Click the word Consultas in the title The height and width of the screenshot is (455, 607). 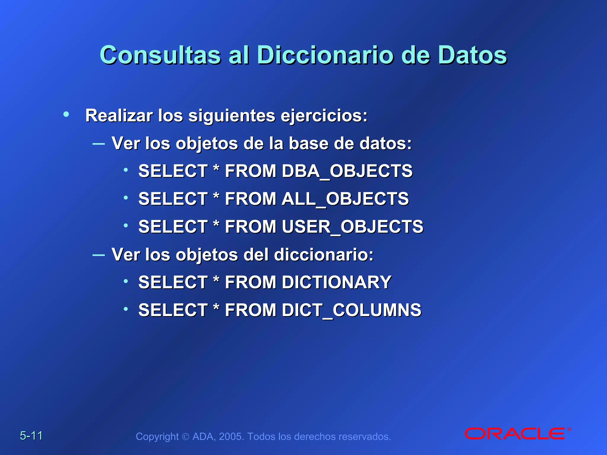pyautogui.click(x=160, y=55)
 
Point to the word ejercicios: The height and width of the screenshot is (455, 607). pyautogui.click(x=324, y=116)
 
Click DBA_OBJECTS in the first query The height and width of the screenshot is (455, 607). pyautogui.click(x=347, y=171)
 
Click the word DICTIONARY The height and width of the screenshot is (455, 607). pyautogui.click(x=337, y=282)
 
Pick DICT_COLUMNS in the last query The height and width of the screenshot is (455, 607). pyautogui.click(x=352, y=310)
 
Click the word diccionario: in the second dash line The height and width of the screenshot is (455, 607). pyautogui.click(x=324, y=254)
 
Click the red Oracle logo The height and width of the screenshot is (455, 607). pyautogui.click(x=517, y=434)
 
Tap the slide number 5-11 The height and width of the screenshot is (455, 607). pyautogui.click(x=31, y=436)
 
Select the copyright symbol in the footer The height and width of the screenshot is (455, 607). pyautogui.click(x=186, y=437)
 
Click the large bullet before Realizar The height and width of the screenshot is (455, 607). pyautogui.click(x=66, y=114)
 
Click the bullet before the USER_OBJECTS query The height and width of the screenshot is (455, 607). pyautogui.click(x=126, y=225)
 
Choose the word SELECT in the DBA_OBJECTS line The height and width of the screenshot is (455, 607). pyautogui.click(x=173, y=171)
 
